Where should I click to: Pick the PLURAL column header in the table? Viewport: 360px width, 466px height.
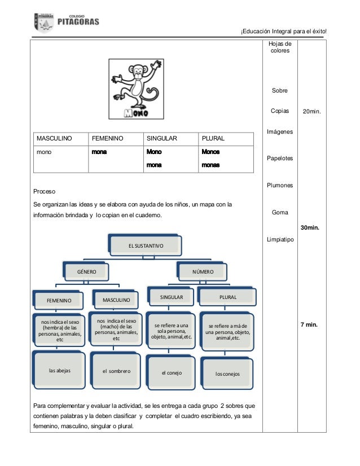tap(213, 138)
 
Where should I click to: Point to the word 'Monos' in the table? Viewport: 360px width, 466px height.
tap(210, 152)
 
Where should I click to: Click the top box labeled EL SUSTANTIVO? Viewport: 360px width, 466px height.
tap(146, 245)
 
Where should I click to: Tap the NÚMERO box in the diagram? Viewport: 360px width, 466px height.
tap(203, 271)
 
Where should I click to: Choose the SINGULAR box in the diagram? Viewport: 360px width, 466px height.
tap(171, 296)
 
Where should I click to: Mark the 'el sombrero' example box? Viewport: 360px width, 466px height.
tap(116, 371)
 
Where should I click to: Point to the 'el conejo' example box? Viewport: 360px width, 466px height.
tap(172, 373)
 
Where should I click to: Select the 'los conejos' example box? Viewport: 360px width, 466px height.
tap(227, 373)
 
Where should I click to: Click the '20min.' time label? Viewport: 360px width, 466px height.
tap(311, 112)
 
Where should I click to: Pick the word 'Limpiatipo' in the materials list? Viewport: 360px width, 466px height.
tap(280, 240)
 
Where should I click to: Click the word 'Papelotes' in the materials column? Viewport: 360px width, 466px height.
tap(280, 159)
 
